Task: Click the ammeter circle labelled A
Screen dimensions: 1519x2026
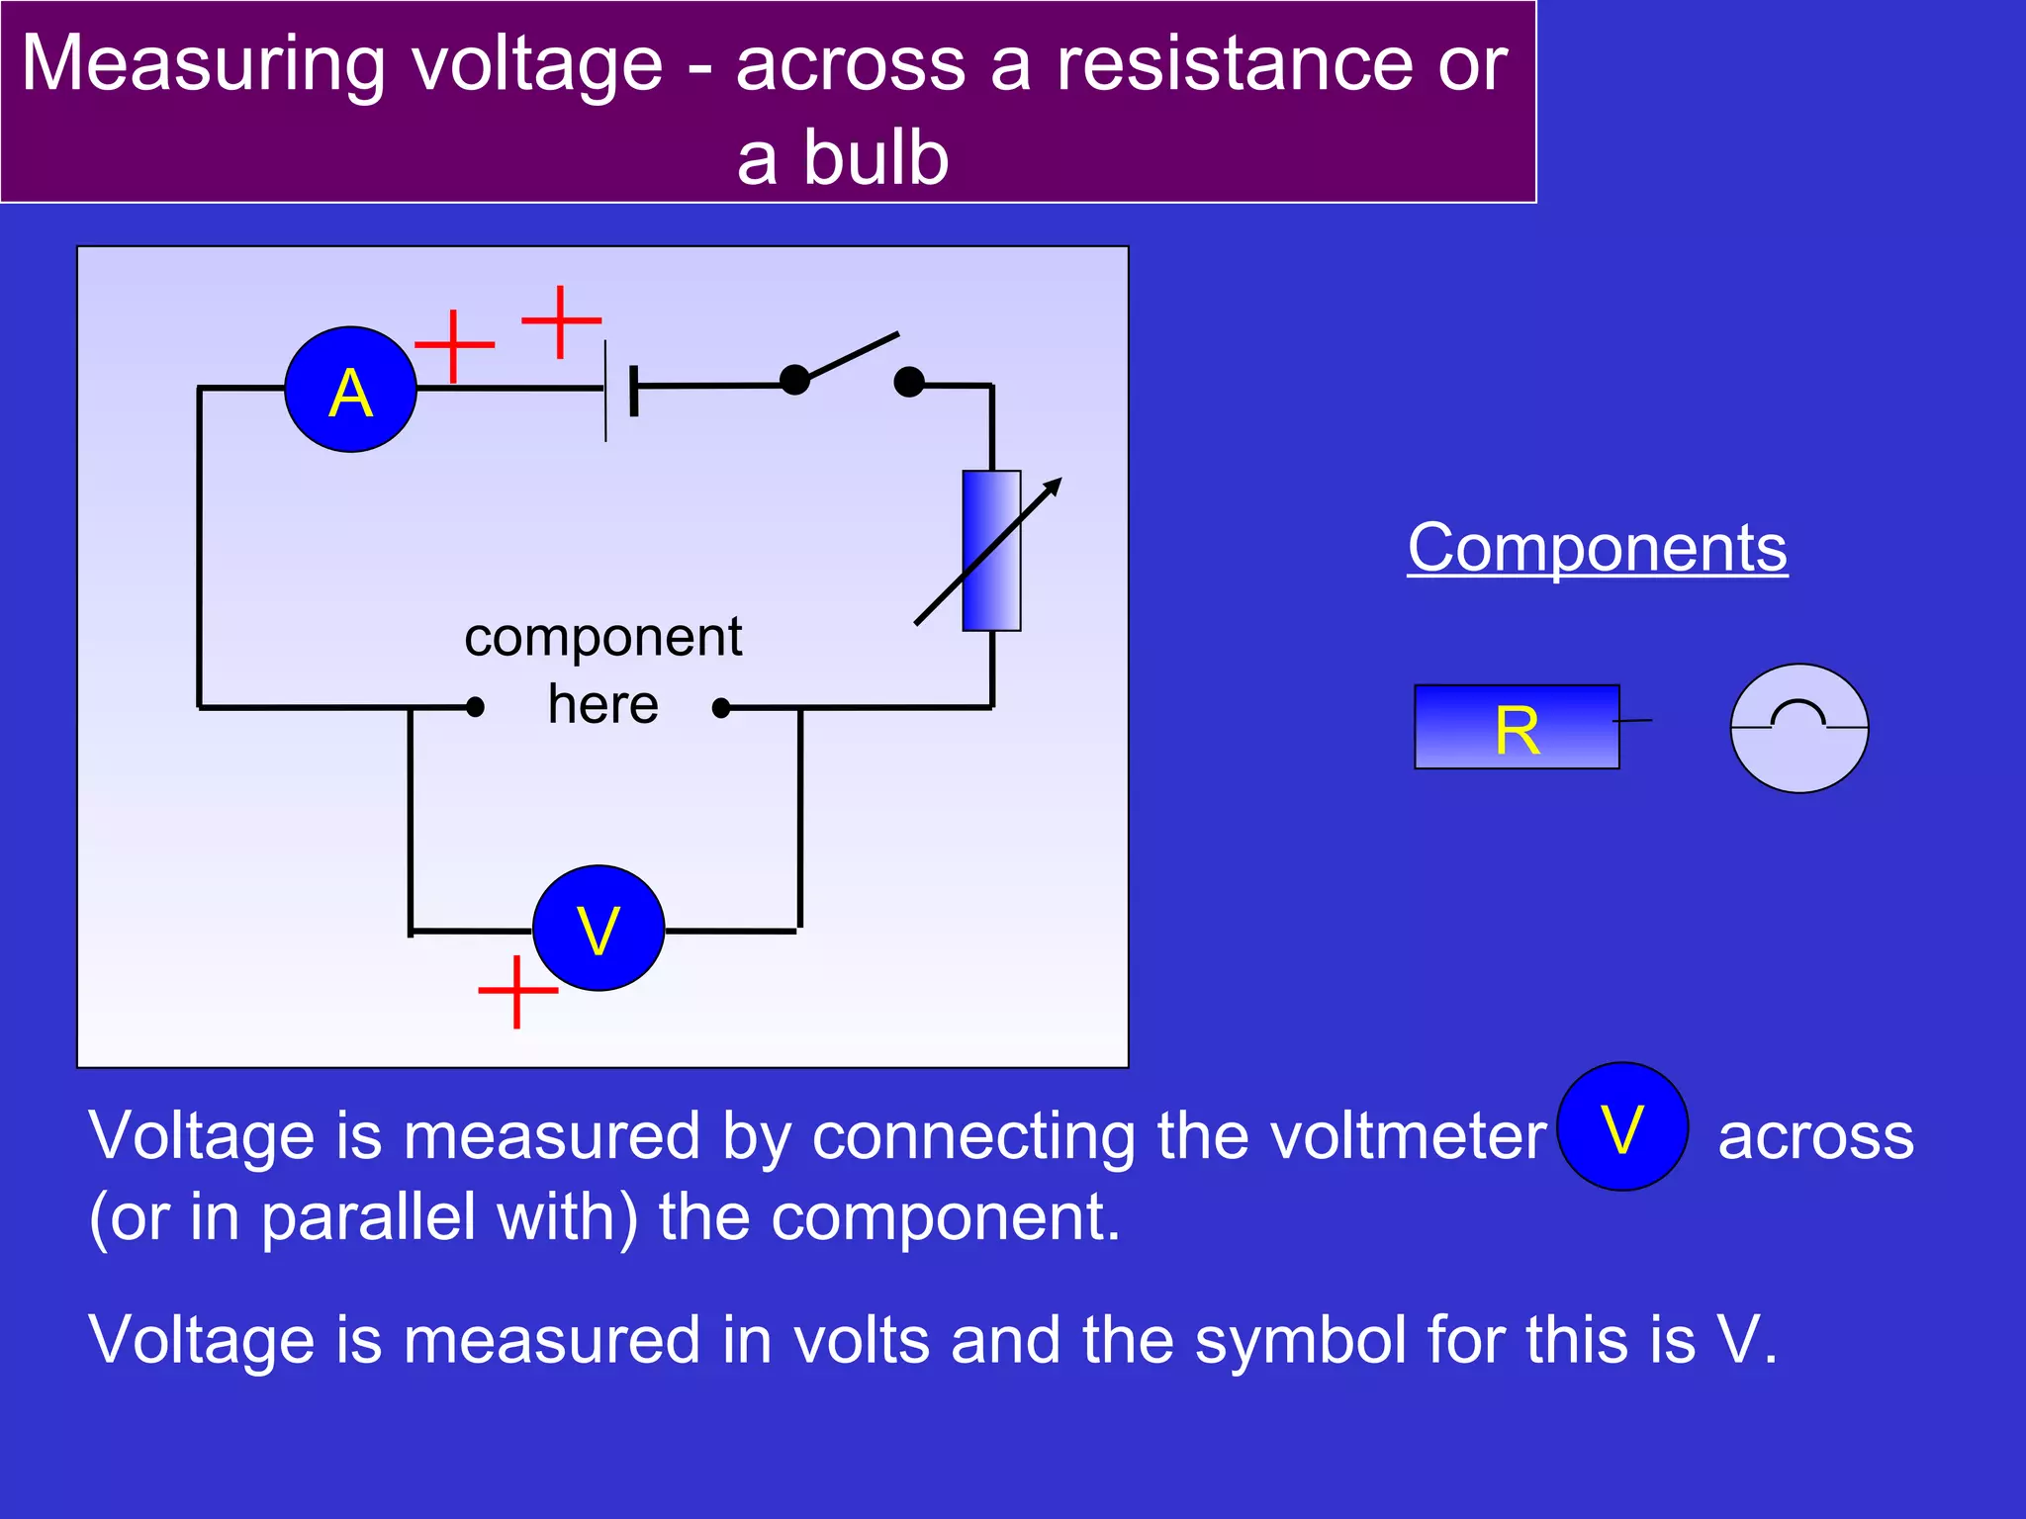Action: (x=350, y=390)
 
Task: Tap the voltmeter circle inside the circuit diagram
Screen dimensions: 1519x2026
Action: (x=598, y=928)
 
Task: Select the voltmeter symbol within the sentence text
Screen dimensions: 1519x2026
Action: (x=1621, y=1126)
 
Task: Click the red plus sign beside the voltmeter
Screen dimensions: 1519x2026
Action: (x=517, y=991)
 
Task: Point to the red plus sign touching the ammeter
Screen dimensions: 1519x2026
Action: (x=453, y=345)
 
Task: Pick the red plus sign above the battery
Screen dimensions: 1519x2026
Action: (x=561, y=320)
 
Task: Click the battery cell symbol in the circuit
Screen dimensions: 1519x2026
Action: (x=619, y=390)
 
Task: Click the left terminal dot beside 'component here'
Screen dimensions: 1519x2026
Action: (x=475, y=707)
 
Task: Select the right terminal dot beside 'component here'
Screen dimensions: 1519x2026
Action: (x=721, y=708)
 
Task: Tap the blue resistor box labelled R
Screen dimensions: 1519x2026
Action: (x=1516, y=727)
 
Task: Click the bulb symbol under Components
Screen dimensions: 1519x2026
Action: (x=1798, y=728)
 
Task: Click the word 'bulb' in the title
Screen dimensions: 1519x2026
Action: (x=875, y=158)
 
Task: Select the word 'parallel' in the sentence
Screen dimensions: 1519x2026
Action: (x=368, y=1216)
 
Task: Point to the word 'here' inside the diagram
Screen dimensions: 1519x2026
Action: (x=602, y=705)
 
